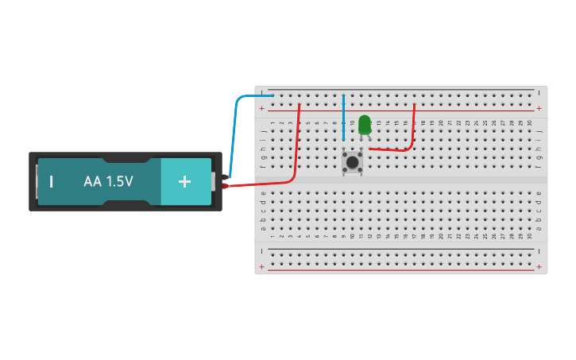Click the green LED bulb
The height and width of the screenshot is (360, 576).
click(364, 124)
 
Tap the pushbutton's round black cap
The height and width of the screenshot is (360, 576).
click(352, 162)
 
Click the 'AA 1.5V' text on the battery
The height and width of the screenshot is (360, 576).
click(108, 181)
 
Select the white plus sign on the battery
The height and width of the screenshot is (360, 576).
click(184, 181)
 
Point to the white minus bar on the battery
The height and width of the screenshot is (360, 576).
click(52, 181)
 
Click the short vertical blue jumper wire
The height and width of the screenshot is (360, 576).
click(343, 111)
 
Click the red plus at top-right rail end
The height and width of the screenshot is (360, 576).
click(539, 108)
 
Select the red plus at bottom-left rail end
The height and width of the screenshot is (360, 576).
click(261, 267)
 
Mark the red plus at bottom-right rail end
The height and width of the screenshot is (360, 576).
click(539, 267)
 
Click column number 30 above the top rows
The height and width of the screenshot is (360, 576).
click(530, 122)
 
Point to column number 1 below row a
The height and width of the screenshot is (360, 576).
click(273, 236)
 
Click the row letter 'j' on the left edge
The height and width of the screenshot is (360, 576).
click(263, 131)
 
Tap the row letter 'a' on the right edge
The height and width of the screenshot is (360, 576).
click(539, 228)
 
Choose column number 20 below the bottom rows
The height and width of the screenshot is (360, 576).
click(442, 236)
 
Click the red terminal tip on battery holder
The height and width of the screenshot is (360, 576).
click(226, 186)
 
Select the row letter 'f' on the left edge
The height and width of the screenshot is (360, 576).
click(263, 166)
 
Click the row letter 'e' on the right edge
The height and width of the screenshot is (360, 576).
click(539, 193)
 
